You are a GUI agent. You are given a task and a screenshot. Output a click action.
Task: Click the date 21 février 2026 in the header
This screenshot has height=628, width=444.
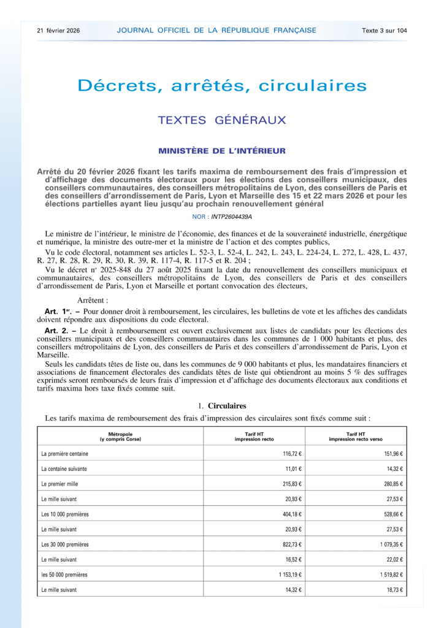(x=58, y=30)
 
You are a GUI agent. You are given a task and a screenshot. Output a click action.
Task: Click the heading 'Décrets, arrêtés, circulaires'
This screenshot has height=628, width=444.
(x=222, y=85)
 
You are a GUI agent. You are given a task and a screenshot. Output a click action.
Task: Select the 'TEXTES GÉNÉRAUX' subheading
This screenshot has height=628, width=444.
(x=222, y=120)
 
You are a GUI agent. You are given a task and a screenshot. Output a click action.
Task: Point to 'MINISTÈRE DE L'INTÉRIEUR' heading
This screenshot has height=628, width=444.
(x=222, y=151)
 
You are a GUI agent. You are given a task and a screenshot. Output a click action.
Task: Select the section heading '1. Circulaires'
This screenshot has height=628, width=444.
(x=222, y=405)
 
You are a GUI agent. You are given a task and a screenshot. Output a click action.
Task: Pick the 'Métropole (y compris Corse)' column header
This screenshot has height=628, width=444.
(x=120, y=437)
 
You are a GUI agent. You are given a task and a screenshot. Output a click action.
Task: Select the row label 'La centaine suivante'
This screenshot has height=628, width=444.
(x=64, y=469)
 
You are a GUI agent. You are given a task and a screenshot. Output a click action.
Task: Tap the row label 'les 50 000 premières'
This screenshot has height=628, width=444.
(x=64, y=575)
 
